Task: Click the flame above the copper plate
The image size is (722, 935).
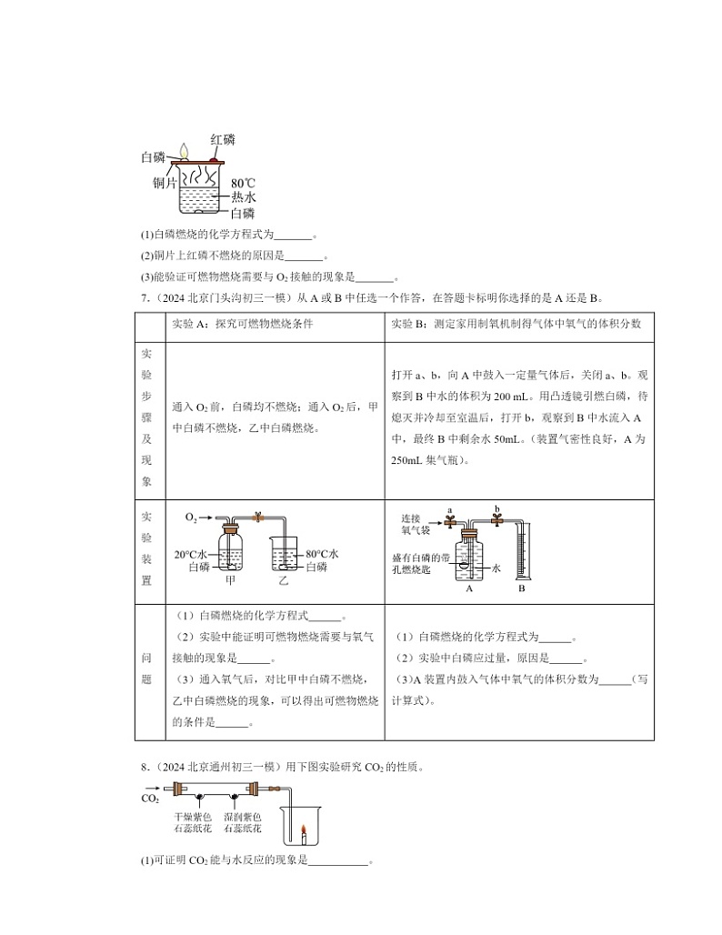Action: click(x=185, y=151)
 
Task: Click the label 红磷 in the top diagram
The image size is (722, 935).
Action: click(x=223, y=139)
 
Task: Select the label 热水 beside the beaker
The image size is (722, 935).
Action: click(x=243, y=197)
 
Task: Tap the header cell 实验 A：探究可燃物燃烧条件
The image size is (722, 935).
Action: click(x=242, y=324)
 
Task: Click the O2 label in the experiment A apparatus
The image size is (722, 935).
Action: click(x=191, y=517)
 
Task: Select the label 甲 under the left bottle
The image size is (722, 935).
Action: click(x=230, y=580)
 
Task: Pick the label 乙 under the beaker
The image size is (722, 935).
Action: click(x=283, y=580)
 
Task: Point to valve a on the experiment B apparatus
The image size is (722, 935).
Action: click(x=450, y=520)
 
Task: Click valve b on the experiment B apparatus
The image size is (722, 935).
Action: click(x=496, y=519)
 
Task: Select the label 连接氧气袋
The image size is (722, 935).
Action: click(x=415, y=523)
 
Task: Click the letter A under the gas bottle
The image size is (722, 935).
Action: click(x=468, y=588)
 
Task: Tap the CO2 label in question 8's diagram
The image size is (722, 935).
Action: click(x=149, y=799)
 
